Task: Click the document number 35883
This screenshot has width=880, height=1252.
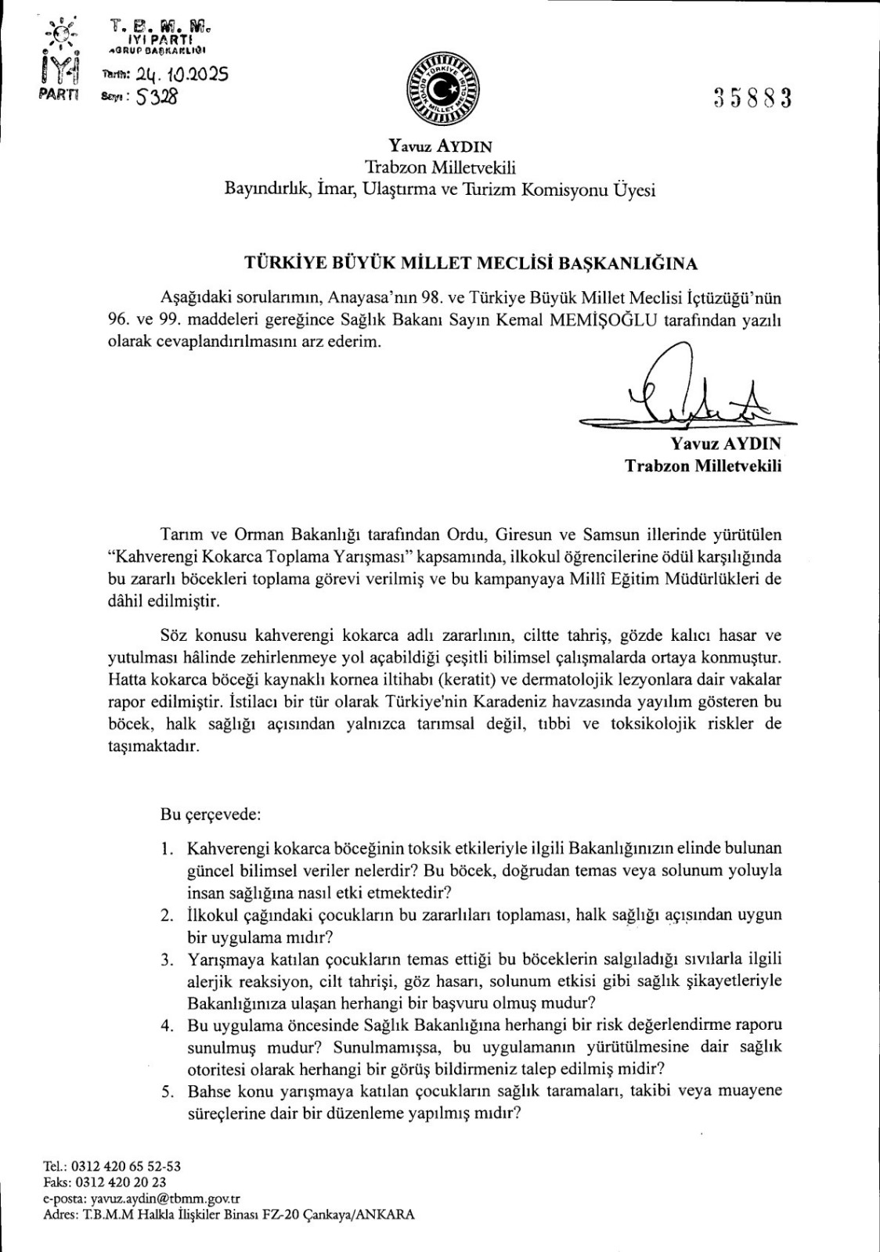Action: click(x=753, y=99)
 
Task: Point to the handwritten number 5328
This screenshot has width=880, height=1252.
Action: click(x=159, y=98)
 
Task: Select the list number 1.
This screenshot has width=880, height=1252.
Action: click(x=165, y=848)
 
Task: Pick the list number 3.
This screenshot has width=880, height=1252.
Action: click(x=165, y=959)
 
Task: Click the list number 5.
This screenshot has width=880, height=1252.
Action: click(x=165, y=1091)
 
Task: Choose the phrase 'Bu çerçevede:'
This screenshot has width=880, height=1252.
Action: click(x=210, y=813)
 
